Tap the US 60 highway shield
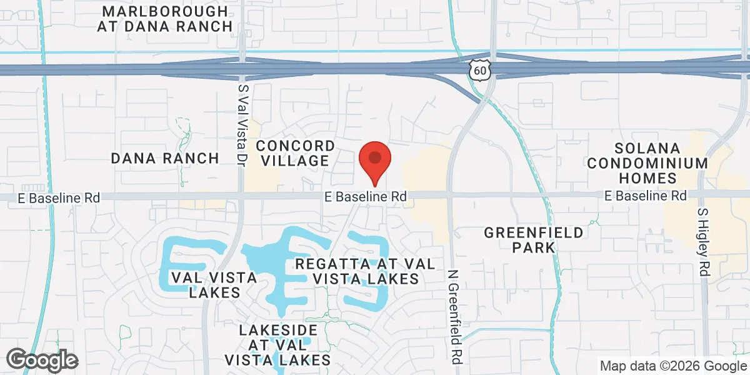[479, 71]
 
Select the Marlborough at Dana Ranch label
[165, 19]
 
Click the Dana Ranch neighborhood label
[165, 158]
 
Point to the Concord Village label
[296, 153]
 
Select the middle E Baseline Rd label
[366, 196]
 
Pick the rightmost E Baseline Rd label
[646, 196]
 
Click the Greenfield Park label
[534, 240]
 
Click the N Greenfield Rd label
[454, 317]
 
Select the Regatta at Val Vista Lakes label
[365, 271]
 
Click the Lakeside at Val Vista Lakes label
[277, 344]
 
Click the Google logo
[42, 360]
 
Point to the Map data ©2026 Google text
[673, 366]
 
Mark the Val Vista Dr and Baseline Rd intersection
[241, 196]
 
